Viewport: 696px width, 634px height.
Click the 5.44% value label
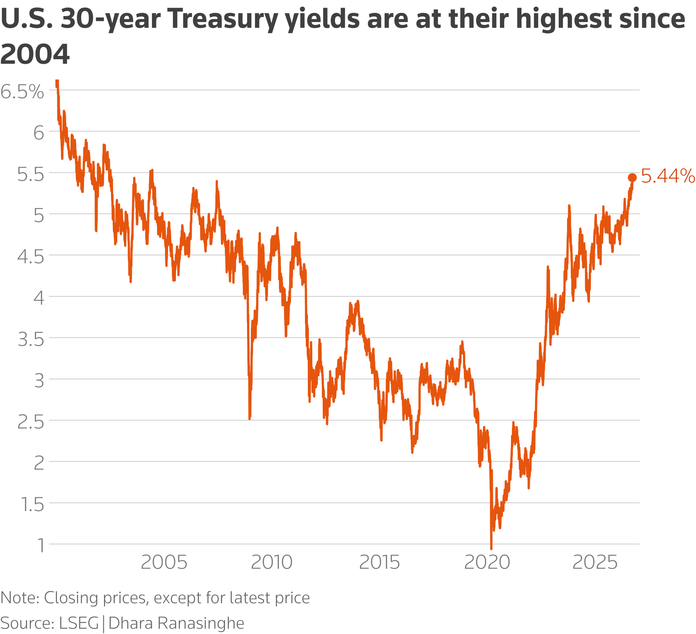(x=668, y=177)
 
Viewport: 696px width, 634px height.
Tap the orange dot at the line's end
(x=632, y=177)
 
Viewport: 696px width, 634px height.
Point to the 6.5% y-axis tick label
(x=22, y=92)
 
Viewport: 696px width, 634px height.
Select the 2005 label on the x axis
(x=164, y=563)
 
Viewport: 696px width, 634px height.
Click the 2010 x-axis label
(x=272, y=563)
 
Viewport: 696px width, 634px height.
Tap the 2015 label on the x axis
(x=380, y=563)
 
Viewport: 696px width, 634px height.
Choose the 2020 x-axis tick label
(x=487, y=563)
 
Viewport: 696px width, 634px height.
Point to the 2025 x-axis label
(x=594, y=563)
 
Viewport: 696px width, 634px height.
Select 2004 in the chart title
(x=35, y=54)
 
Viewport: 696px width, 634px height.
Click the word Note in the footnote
(x=20, y=598)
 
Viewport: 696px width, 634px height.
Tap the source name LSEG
(x=79, y=623)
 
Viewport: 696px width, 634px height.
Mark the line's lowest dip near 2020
(x=491, y=549)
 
